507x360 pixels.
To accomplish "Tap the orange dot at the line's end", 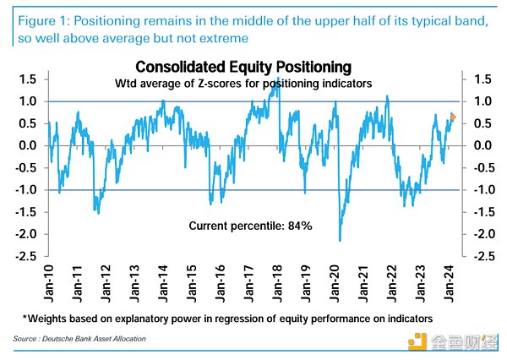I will pos(453,117).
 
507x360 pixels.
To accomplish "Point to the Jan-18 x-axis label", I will pos(278,277).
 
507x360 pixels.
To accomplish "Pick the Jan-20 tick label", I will pos(335,277).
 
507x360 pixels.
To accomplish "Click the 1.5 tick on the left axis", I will pos(27,79).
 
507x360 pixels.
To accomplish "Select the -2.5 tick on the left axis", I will pos(25,256).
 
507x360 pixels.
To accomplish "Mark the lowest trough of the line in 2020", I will pos(340,241).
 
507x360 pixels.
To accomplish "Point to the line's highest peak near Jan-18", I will pos(278,79).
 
